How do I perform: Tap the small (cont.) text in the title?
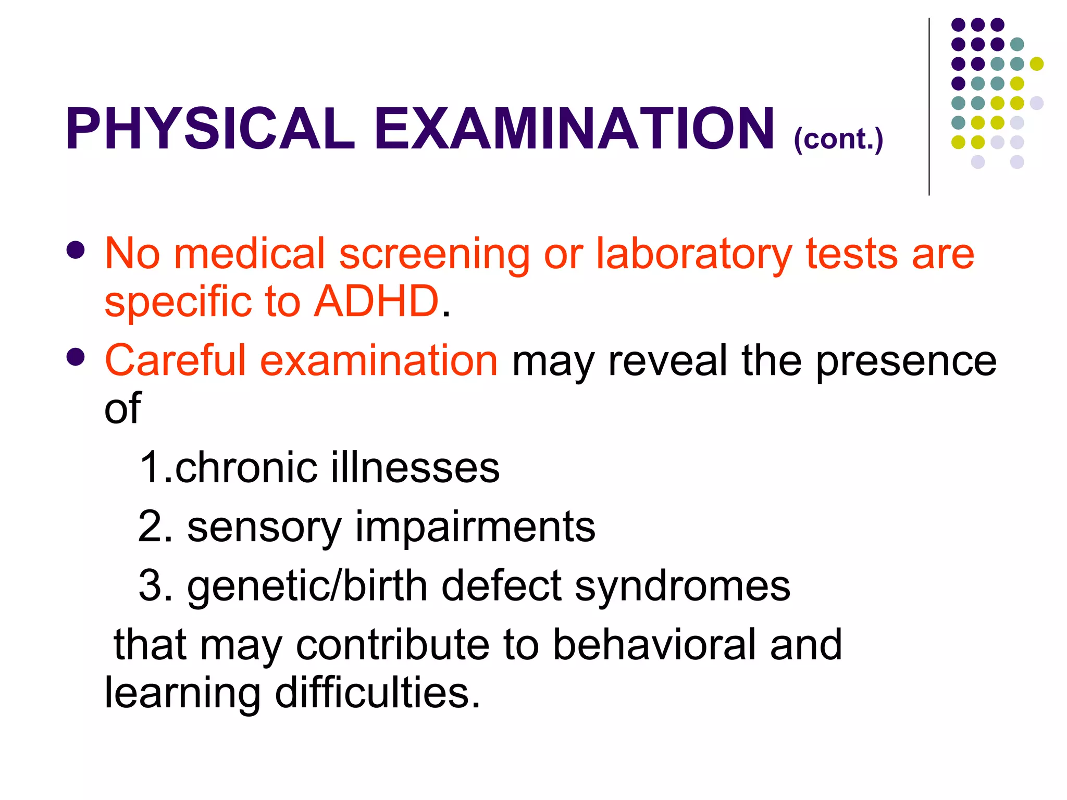pyautogui.click(x=838, y=139)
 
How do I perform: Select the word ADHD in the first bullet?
pyautogui.click(x=376, y=302)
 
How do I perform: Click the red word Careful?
pyautogui.click(x=175, y=360)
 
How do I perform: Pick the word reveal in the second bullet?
pyautogui.click(x=668, y=360)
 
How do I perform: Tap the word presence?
pyautogui.click(x=906, y=360)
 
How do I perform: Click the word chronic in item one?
pyautogui.click(x=246, y=467)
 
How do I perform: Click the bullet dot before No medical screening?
pyautogui.click(x=76, y=249)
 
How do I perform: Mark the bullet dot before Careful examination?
pyautogui.click(x=76, y=357)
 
